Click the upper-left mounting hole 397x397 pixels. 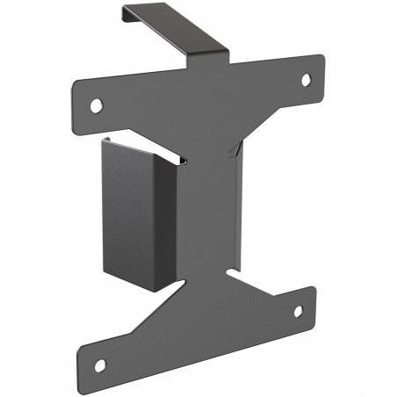pos(96,105)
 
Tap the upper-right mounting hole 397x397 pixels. pos(307,79)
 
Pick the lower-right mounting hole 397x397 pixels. pos(298,311)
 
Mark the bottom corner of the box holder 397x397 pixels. pos(153,292)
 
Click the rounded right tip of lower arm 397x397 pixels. pos(311,299)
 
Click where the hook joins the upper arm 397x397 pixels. pos(220,60)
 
